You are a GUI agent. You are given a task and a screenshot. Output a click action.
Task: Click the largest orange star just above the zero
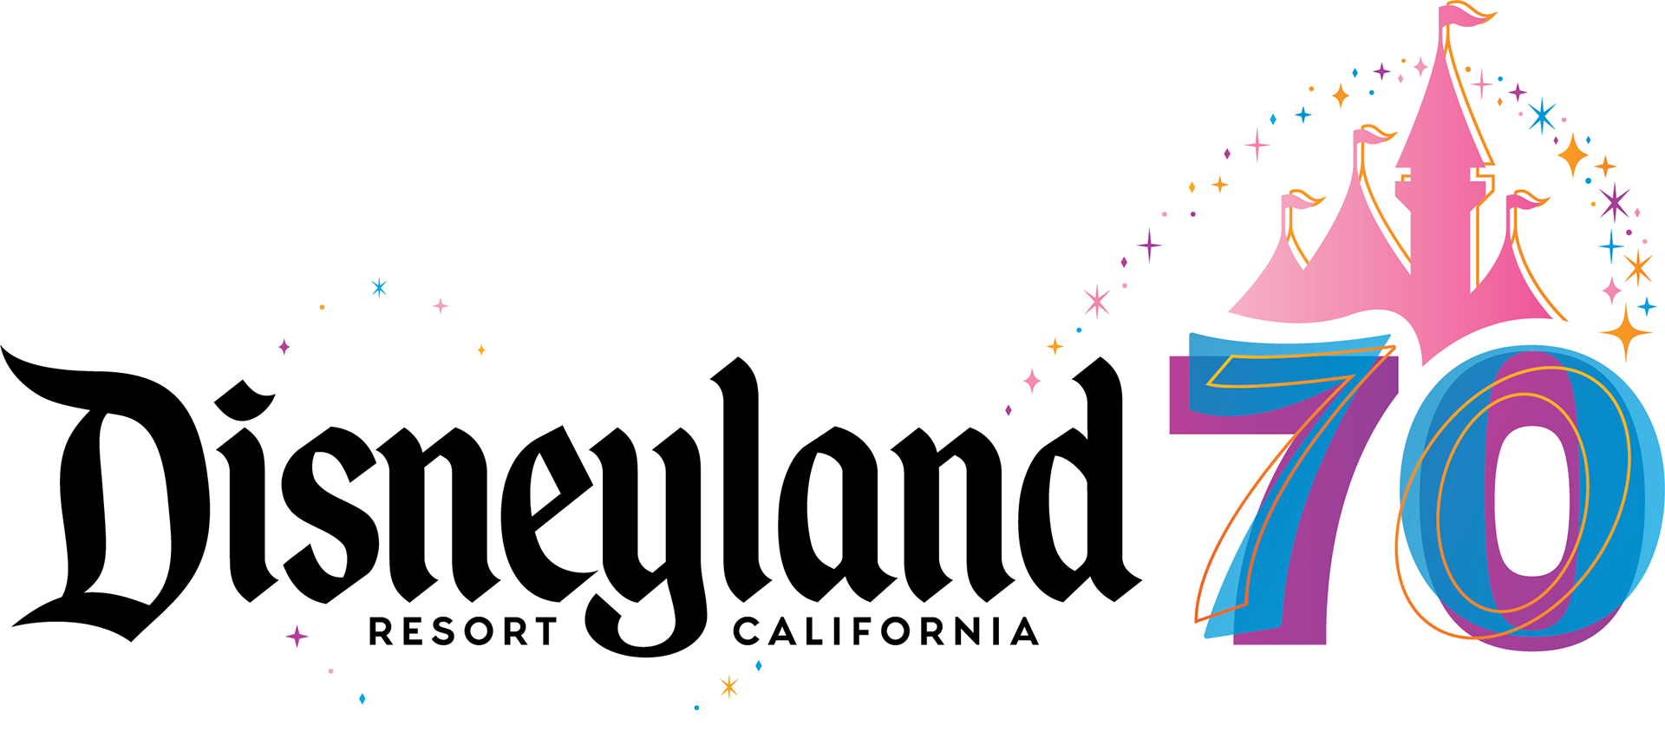point(1625,332)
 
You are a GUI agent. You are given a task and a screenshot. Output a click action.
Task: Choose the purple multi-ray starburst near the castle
point(1614,202)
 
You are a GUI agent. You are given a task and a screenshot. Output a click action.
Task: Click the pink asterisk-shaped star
point(1097,301)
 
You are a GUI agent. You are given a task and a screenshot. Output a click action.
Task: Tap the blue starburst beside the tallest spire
point(1541,115)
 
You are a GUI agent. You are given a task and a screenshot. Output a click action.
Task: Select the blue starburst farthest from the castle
point(379,287)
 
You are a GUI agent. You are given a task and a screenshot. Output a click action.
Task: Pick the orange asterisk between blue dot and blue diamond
point(729,687)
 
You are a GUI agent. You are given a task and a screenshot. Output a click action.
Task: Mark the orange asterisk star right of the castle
point(1637,268)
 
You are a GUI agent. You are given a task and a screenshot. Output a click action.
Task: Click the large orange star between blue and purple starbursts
point(1573,156)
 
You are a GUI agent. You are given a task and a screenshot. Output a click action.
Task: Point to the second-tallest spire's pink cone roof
point(1361,217)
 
